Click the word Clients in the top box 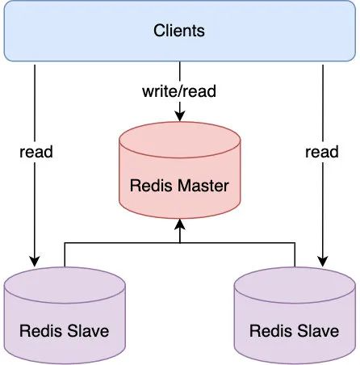tap(179, 30)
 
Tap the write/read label tap(179, 91)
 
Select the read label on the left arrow tap(36, 152)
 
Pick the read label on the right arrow tap(322, 152)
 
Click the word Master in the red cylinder tap(203, 186)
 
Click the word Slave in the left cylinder tap(88, 330)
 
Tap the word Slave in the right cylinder tap(318, 330)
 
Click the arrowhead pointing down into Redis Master tap(180, 116)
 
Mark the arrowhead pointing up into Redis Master tap(180, 224)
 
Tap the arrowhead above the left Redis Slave tap(35, 262)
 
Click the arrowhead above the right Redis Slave tap(323, 262)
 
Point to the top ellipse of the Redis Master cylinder tap(180, 122)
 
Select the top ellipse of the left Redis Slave tap(65, 267)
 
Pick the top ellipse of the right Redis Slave tap(295, 267)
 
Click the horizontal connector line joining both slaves tap(180, 243)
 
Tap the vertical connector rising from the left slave tap(65, 255)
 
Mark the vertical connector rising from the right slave tap(295, 255)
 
